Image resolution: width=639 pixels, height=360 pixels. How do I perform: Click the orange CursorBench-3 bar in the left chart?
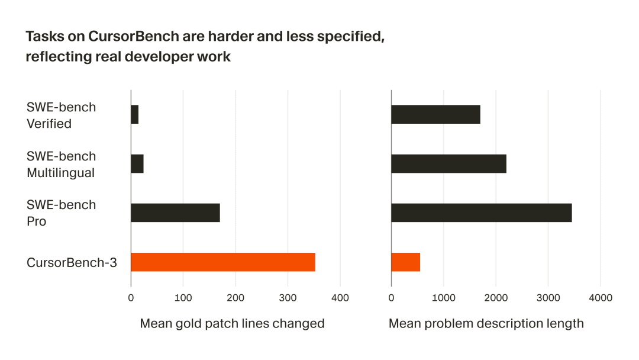click(x=222, y=262)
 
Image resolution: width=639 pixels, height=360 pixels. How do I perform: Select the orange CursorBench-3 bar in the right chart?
click(x=405, y=262)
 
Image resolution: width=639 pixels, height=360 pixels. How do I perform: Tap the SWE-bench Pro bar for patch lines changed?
click(x=175, y=213)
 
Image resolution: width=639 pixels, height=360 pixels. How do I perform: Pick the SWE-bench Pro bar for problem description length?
click(x=481, y=213)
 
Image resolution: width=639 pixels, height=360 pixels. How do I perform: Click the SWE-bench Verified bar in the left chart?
click(x=135, y=114)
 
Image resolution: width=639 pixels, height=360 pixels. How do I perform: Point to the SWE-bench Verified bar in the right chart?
click(x=435, y=114)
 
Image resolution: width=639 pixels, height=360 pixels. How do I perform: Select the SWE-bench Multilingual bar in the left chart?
click(x=137, y=163)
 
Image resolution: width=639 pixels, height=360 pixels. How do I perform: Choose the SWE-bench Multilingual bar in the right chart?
click(x=448, y=163)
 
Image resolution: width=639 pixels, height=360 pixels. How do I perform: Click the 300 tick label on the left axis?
click(x=288, y=298)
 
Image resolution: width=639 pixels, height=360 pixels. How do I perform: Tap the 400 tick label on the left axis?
click(x=340, y=298)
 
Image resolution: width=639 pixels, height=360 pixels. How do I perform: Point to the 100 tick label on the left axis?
click(x=183, y=298)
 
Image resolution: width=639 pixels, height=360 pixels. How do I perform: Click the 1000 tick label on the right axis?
click(x=443, y=298)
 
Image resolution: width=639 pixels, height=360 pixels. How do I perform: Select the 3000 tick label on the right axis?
click(x=548, y=298)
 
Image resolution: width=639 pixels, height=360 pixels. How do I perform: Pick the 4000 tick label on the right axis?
click(x=600, y=298)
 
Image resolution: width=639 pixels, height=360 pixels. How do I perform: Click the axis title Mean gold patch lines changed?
click(x=232, y=324)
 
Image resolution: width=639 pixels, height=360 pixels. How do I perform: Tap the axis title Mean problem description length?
click(x=486, y=324)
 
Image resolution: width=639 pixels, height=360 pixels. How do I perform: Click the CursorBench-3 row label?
click(x=72, y=262)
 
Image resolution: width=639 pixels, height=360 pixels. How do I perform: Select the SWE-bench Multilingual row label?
click(x=61, y=164)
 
